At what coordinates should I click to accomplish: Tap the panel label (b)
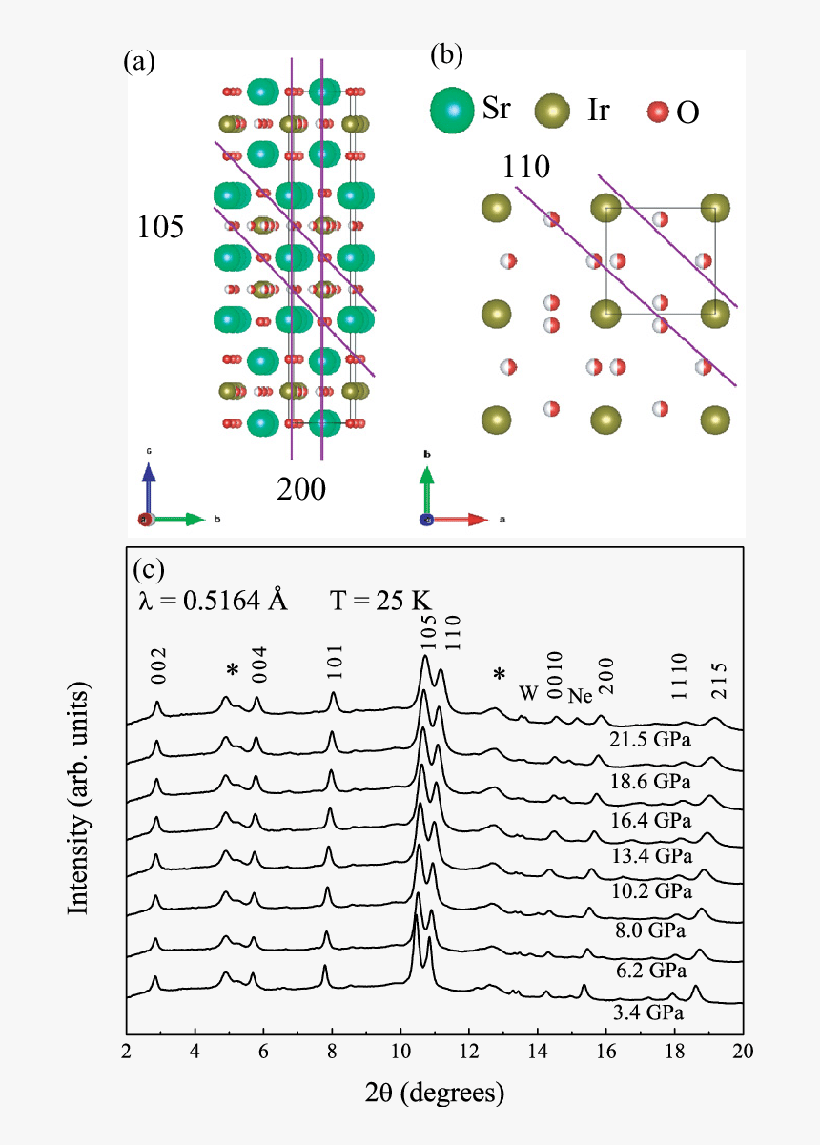446,55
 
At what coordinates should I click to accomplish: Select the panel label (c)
150,569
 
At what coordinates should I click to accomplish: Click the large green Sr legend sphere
454,112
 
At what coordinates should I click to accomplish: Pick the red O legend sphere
658,112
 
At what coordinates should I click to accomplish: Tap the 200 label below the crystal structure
301,489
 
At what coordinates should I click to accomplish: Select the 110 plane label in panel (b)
527,168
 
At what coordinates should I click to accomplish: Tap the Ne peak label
581,695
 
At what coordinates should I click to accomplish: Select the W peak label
528,693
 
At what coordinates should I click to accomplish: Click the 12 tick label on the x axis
469,1052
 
